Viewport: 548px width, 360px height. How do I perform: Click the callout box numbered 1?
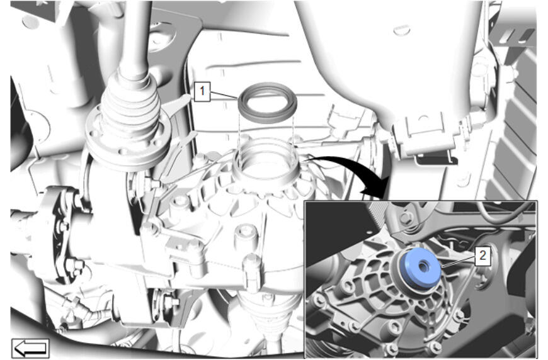202,91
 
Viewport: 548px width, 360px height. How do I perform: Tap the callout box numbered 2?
482,256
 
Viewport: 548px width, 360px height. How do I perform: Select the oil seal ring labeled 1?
267,101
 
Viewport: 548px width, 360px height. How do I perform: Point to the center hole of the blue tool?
423,267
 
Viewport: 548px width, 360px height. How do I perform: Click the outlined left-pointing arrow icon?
30,348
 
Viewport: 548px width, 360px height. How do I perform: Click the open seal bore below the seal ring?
266,161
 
